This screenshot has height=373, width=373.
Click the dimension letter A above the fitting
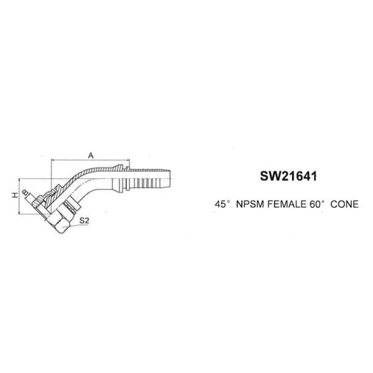click(90, 156)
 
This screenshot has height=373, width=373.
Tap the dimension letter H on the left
click(15, 195)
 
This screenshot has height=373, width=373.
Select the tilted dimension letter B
click(25, 192)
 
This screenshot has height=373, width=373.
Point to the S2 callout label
click(84, 221)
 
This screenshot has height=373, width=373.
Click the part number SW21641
click(289, 176)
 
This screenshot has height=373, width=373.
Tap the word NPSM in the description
click(250, 204)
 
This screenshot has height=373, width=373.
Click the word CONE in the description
click(345, 204)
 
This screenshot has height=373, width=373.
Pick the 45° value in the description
click(222, 204)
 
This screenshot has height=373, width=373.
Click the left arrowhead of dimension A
click(53, 160)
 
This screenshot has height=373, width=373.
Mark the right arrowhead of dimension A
click(128, 160)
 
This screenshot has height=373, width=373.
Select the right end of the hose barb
click(170, 179)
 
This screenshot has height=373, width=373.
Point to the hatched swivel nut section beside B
click(39, 201)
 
